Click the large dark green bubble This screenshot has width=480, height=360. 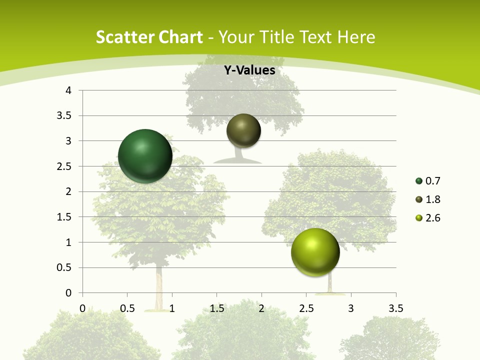click(x=145, y=156)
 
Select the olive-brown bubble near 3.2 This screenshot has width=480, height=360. click(x=243, y=131)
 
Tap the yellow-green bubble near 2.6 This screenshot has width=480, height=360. click(x=315, y=252)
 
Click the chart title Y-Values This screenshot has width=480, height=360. click(x=249, y=70)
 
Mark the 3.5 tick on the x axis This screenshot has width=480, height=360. click(x=395, y=308)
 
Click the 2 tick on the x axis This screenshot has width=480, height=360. click(x=261, y=308)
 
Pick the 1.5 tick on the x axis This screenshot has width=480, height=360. click(x=216, y=308)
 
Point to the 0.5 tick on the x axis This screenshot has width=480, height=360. click(x=127, y=308)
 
